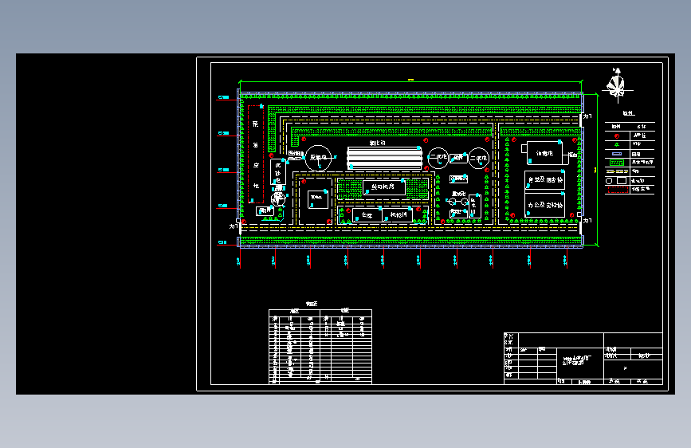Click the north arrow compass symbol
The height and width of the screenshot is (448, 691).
615,84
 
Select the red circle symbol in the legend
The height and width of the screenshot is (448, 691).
616,136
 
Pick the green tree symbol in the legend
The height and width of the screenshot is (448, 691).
616,145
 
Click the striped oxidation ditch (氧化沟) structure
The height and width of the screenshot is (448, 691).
384,158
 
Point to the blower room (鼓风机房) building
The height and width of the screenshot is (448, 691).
384,187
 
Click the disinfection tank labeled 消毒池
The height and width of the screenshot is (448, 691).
544,152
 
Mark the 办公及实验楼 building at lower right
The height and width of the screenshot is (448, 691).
544,205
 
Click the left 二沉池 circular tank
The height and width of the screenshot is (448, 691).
438,159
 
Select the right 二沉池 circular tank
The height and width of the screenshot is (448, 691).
478,159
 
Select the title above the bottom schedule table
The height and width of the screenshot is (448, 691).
312,304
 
